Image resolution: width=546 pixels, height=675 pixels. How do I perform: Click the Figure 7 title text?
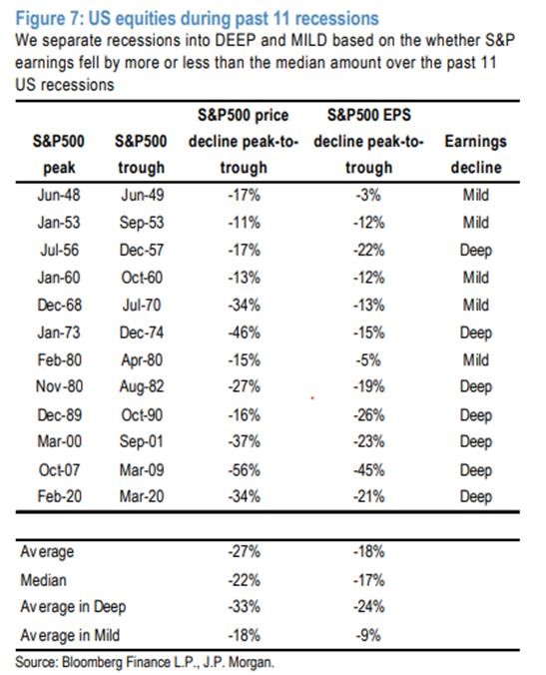197,19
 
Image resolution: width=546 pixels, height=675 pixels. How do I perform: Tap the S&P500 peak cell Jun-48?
59,195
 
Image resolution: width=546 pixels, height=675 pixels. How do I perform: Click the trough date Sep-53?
142,223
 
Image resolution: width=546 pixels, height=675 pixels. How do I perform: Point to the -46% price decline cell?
244,333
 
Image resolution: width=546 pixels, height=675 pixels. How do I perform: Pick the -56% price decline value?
244,469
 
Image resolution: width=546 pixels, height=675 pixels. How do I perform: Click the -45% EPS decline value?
368,469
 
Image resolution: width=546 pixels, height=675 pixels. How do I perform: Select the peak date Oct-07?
59,469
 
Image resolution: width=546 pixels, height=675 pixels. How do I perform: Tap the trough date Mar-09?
142,469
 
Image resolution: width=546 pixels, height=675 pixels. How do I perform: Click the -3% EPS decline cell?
368,195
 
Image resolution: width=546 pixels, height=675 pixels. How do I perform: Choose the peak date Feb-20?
59,496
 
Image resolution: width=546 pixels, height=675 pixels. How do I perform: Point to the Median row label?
44,580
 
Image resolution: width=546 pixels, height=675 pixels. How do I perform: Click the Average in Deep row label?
73,607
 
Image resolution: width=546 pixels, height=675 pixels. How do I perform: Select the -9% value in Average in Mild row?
368,635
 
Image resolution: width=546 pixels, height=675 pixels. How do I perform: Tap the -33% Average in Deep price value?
244,606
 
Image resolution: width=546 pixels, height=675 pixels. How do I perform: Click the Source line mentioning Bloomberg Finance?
145,662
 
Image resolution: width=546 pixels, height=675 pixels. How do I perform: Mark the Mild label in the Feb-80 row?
476,359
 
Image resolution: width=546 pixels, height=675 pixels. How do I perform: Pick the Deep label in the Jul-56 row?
476,250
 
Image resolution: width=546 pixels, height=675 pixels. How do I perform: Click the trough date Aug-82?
142,387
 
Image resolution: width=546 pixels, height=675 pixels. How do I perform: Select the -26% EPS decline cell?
368,415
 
